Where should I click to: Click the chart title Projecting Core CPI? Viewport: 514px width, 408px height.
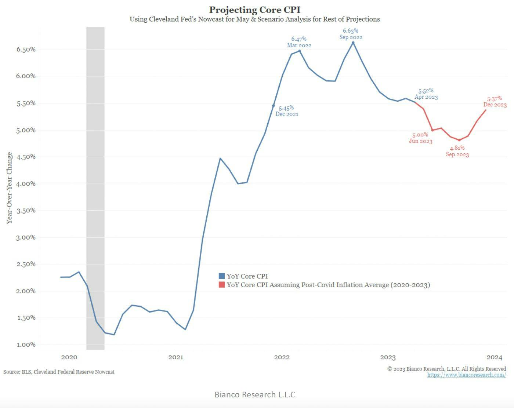[x=254, y=10]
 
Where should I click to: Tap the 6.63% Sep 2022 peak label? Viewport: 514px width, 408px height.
[x=351, y=34]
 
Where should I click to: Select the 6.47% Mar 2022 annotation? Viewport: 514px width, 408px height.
[x=299, y=42]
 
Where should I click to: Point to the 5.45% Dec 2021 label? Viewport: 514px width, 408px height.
[x=286, y=111]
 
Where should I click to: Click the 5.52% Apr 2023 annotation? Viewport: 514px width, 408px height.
[x=426, y=94]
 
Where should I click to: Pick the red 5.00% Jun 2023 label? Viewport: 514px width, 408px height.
[x=420, y=138]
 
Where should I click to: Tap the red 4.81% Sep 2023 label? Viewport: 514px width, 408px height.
[x=457, y=151]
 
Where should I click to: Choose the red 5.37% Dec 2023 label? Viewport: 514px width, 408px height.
[x=495, y=102]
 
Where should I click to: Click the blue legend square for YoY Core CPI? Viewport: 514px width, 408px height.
[x=221, y=276]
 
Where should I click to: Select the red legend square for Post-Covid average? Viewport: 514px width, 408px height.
[x=221, y=285]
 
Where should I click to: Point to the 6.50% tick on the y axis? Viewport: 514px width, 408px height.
[x=26, y=50]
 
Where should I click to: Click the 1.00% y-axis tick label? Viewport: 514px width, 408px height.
[x=26, y=345]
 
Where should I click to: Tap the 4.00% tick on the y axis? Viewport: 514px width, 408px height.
[x=26, y=183]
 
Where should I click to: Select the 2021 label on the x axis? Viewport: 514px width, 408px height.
[x=175, y=357]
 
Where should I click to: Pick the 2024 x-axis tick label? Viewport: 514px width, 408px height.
[x=494, y=357]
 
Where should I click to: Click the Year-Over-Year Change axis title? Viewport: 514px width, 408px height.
[x=10, y=188]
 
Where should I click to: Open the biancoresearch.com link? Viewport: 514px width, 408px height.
[x=466, y=375]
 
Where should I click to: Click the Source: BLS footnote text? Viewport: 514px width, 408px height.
[x=59, y=372]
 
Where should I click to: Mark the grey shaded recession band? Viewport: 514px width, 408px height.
[x=95, y=183]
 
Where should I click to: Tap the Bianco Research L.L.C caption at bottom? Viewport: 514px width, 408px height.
[x=255, y=394]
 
